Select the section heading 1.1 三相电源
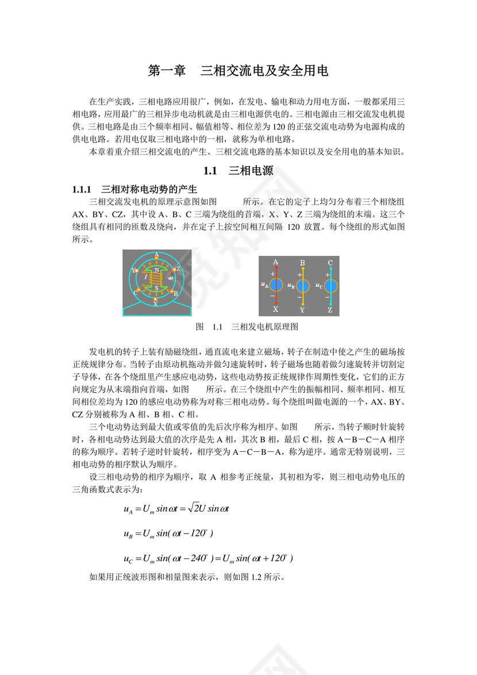238,171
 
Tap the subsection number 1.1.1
82,189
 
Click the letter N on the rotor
156,270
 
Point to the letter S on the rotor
156,287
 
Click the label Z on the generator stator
179,269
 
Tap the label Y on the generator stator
133,270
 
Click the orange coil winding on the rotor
156,278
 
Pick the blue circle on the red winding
276,285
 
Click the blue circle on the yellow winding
303,285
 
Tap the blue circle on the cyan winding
330,285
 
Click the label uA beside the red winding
264,285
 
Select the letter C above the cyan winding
330,263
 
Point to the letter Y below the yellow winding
302,310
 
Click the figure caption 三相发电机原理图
264,327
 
